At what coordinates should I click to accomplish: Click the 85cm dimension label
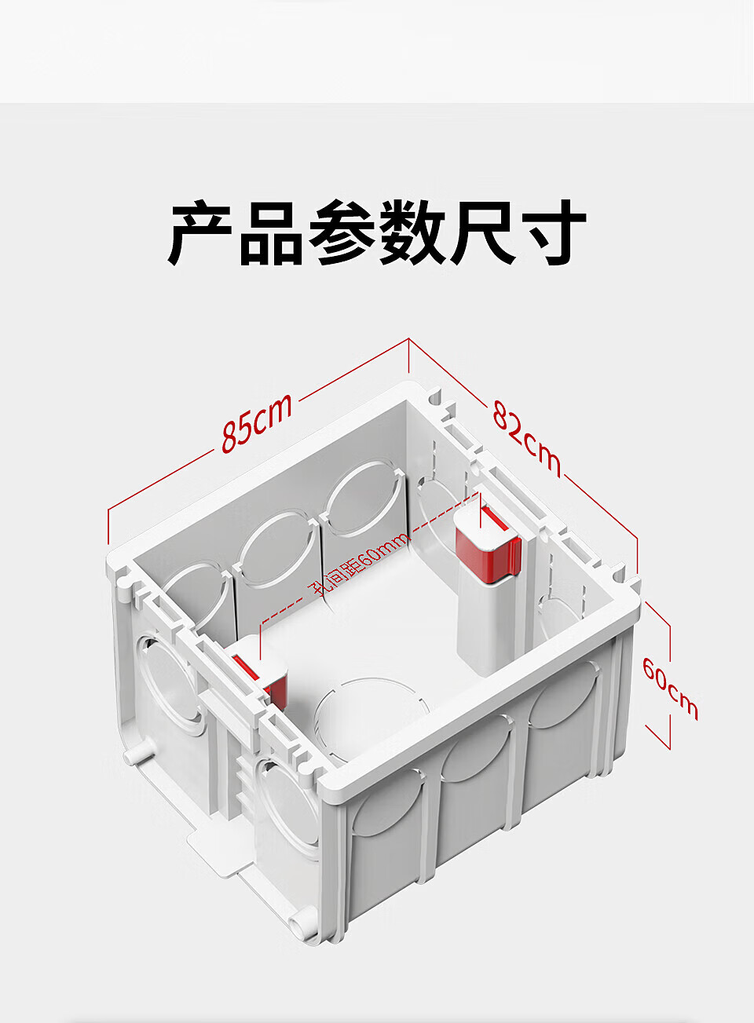[x=257, y=424]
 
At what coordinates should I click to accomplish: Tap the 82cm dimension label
[x=527, y=438]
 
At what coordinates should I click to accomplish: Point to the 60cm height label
[x=670, y=688]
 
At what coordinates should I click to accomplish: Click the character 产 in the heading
[x=202, y=234]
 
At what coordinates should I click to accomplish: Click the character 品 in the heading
[x=271, y=234]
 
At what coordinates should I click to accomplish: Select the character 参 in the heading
[x=341, y=234]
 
